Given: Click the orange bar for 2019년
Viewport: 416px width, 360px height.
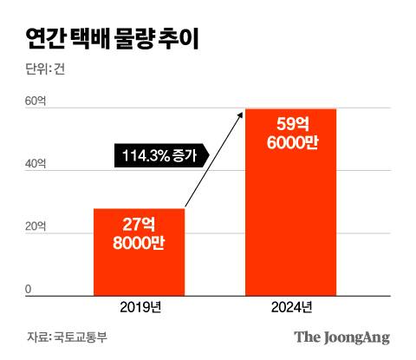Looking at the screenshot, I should pos(139,252).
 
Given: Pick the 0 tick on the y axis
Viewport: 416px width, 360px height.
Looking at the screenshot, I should pos(28,290).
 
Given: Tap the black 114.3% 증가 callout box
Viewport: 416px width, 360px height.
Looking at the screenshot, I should pos(160,156).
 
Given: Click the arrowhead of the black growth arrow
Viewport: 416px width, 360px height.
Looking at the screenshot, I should pos(242,112).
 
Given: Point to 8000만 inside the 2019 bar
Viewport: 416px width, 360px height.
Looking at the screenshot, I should pos(139,244).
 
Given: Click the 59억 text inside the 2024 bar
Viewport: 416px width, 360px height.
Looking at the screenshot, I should pos(290,122).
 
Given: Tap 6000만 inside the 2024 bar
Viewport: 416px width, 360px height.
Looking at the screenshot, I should pos(290,143).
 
